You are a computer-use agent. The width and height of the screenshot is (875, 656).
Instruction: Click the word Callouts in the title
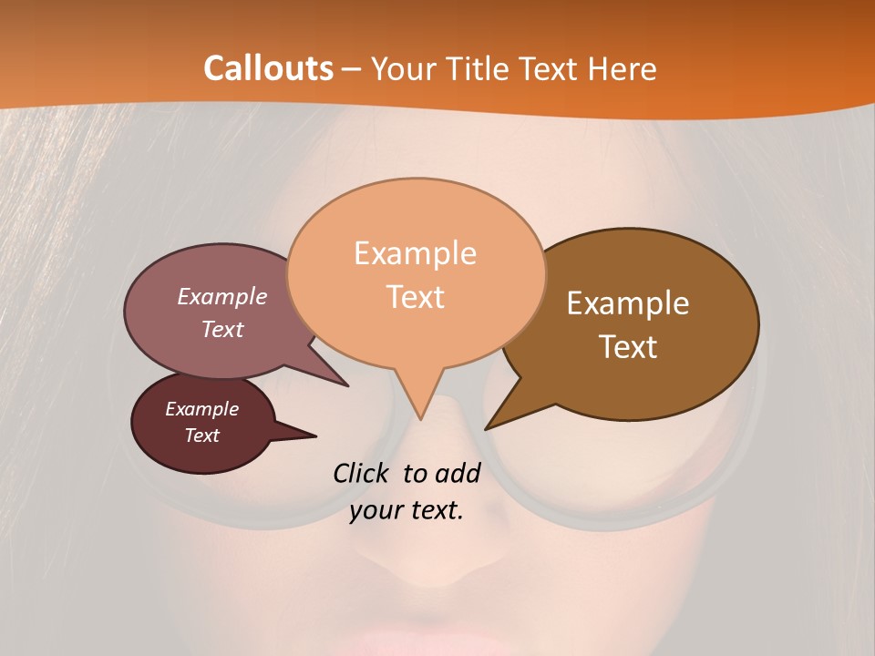pos(268,68)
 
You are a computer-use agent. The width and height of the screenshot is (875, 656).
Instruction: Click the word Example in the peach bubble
pos(415,253)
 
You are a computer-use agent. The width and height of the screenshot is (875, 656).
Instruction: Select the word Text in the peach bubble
pos(416,297)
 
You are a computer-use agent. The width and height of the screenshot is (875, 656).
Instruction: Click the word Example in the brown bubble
pos(628,303)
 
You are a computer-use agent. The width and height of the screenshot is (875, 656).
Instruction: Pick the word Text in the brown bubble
pos(629,347)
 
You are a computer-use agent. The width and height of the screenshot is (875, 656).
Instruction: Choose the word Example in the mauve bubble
pos(222,296)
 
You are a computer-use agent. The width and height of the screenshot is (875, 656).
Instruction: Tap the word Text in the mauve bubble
pos(221,329)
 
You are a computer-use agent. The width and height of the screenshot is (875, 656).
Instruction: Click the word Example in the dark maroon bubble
pos(202,409)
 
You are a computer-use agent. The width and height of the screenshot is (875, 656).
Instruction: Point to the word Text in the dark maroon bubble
pos(201,436)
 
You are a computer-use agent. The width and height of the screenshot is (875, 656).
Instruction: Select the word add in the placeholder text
pos(457,473)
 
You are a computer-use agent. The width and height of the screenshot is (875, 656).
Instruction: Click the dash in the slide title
pos(351,69)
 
